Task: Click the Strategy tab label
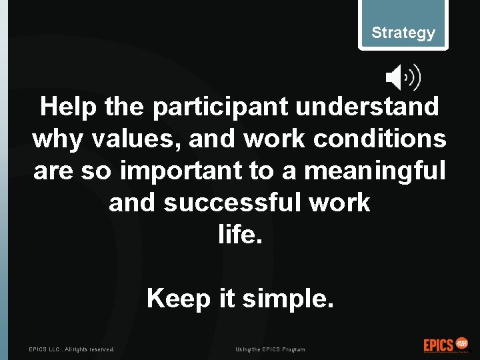coord(403,33)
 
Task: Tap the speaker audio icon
coord(403,79)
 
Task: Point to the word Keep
coord(178,299)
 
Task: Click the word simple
coord(287,299)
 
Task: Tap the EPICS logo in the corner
coord(446,345)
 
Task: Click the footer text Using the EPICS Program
coord(270,349)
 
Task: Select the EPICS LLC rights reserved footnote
coord(71,349)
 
